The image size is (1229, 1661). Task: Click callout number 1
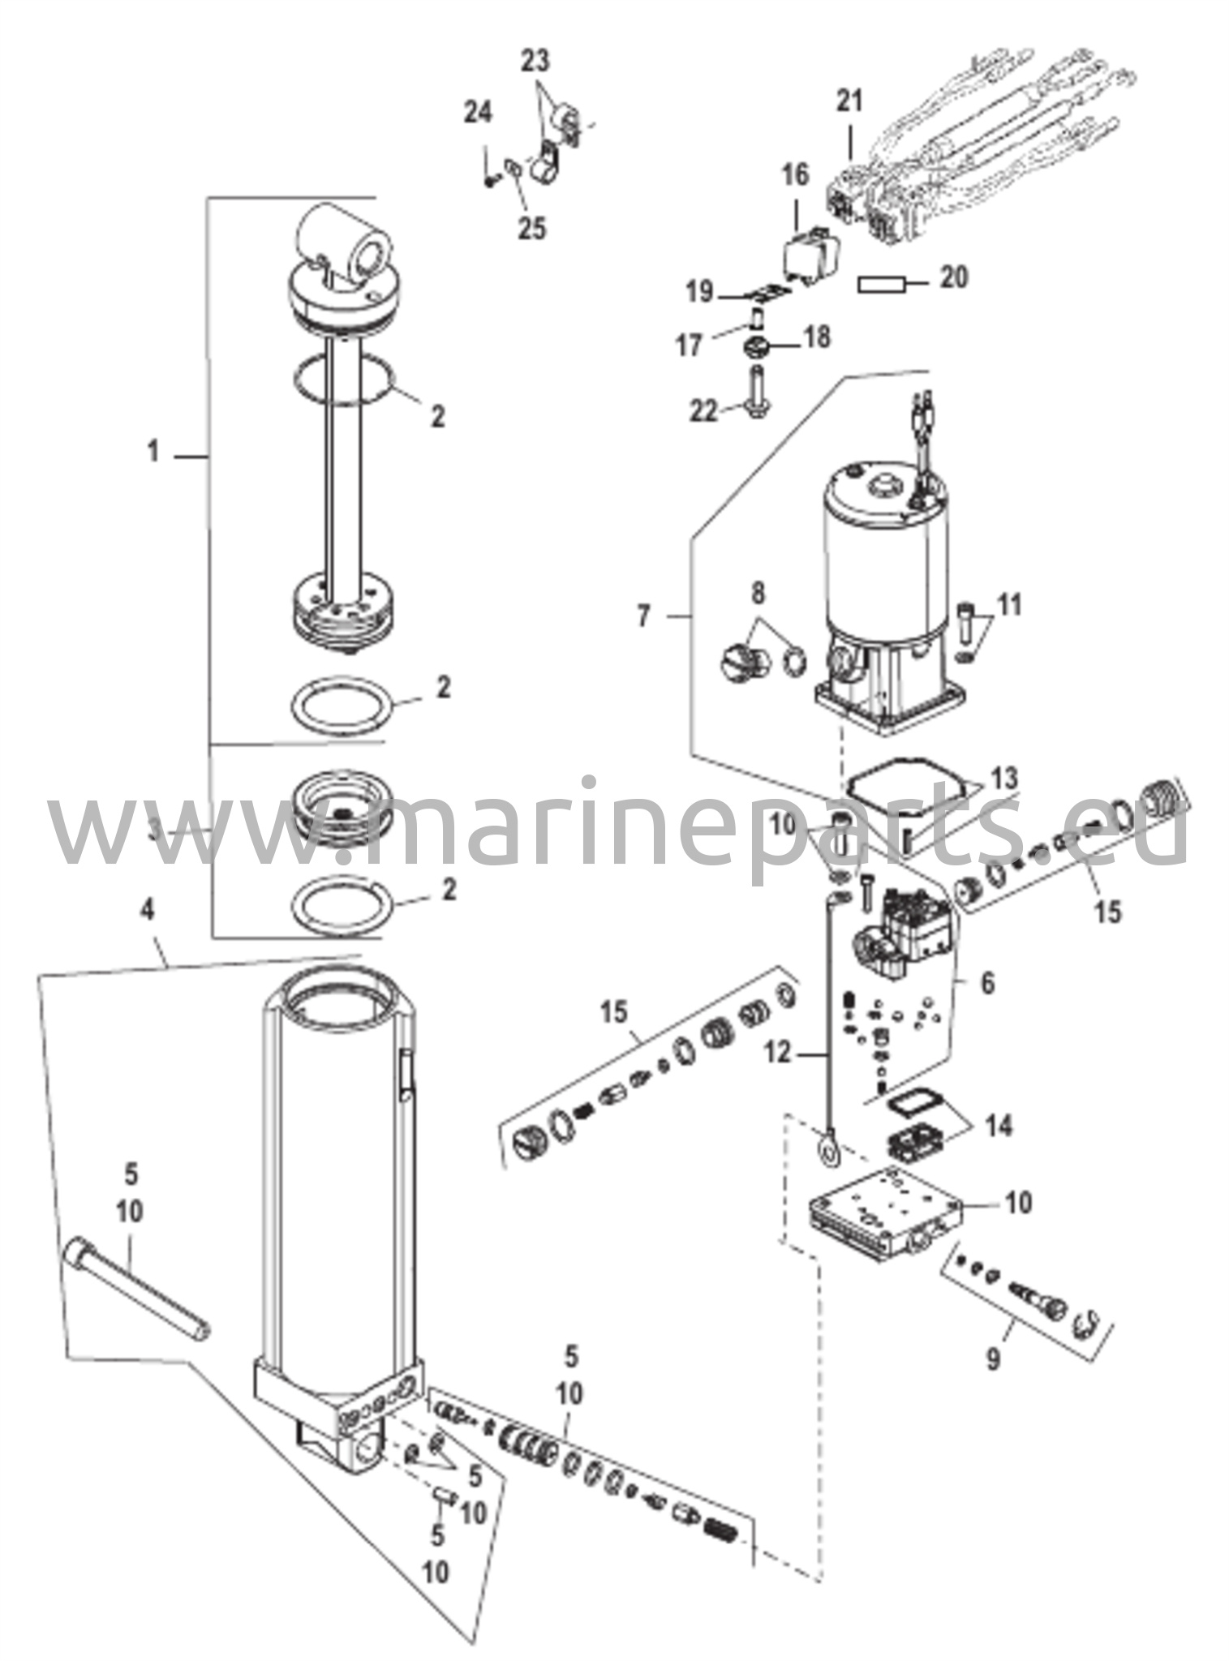[153, 451]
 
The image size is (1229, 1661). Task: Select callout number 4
[147, 910]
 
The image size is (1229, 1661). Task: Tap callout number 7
[643, 617]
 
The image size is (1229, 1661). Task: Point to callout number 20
[953, 278]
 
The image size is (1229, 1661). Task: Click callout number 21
[849, 101]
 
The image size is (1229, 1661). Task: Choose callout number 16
[795, 174]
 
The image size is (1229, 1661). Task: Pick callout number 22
[703, 412]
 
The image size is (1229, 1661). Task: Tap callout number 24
[478, 113]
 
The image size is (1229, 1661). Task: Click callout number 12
[776, 1053]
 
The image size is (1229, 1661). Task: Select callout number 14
[999, 1126]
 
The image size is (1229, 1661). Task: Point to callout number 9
[993, 1358]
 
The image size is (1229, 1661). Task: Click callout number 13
[1004, 779]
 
